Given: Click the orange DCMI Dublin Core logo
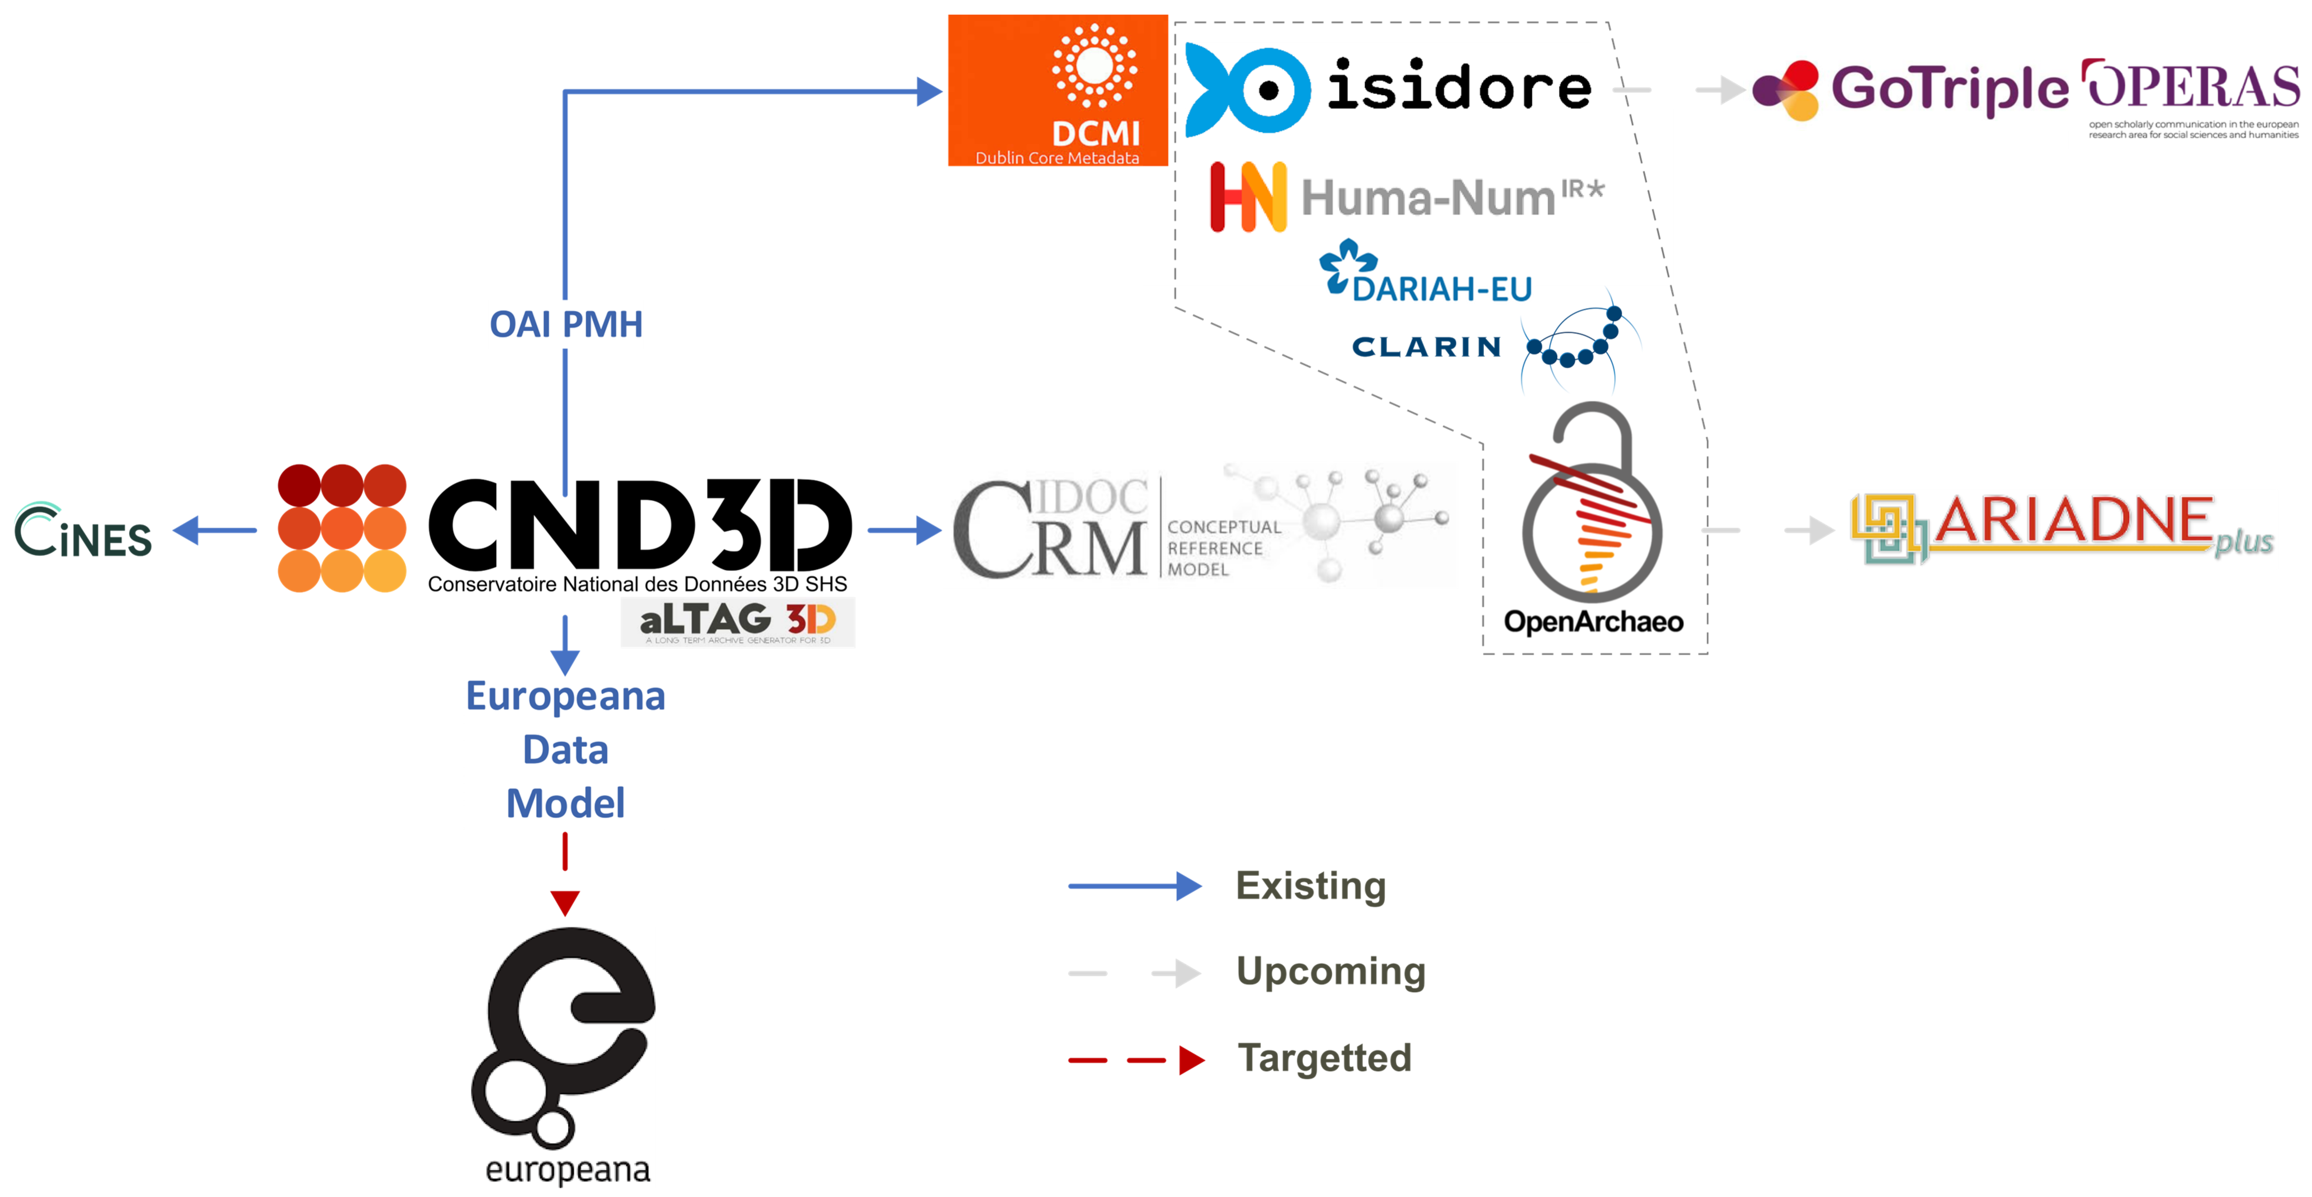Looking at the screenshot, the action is (1057, 90).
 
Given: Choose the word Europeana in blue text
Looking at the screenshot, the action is (565, 696).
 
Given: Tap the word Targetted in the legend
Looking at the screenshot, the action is (1324, 1058).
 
